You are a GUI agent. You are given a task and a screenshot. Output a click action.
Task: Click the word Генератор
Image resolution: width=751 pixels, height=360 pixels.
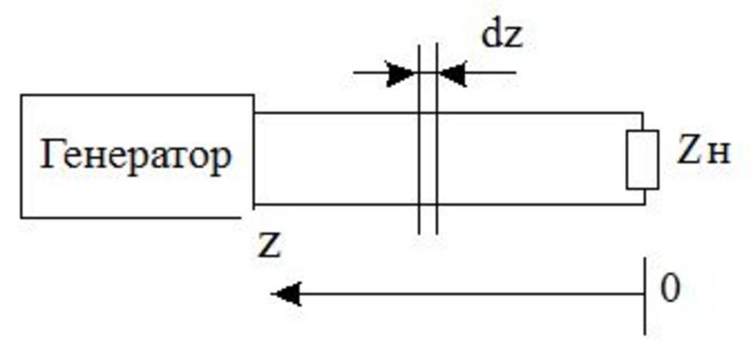pos(136,155)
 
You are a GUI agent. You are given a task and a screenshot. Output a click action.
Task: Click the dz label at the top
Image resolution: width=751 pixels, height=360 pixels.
pos(502,35)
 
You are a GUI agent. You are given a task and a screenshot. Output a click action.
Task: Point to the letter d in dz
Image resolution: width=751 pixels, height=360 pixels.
pos(491,35)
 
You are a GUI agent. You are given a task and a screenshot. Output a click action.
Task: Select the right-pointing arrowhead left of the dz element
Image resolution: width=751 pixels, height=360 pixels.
pos(400,73)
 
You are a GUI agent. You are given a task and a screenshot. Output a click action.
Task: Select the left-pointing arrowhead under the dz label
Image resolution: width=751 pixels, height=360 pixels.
pos(453,73)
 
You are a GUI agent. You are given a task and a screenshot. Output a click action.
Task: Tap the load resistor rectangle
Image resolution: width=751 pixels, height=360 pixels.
pos(642,159)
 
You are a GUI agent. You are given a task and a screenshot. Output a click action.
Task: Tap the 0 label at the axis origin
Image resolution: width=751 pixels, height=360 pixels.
pos(670,289)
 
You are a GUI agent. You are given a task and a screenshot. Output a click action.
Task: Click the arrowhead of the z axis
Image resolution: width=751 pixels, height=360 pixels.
pos(286,294)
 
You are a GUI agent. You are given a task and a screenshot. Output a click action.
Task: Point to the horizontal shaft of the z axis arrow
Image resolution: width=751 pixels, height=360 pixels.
pos(469,294)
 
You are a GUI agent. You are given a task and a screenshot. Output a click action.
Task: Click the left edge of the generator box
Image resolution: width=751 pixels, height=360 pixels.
pos(21,155)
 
